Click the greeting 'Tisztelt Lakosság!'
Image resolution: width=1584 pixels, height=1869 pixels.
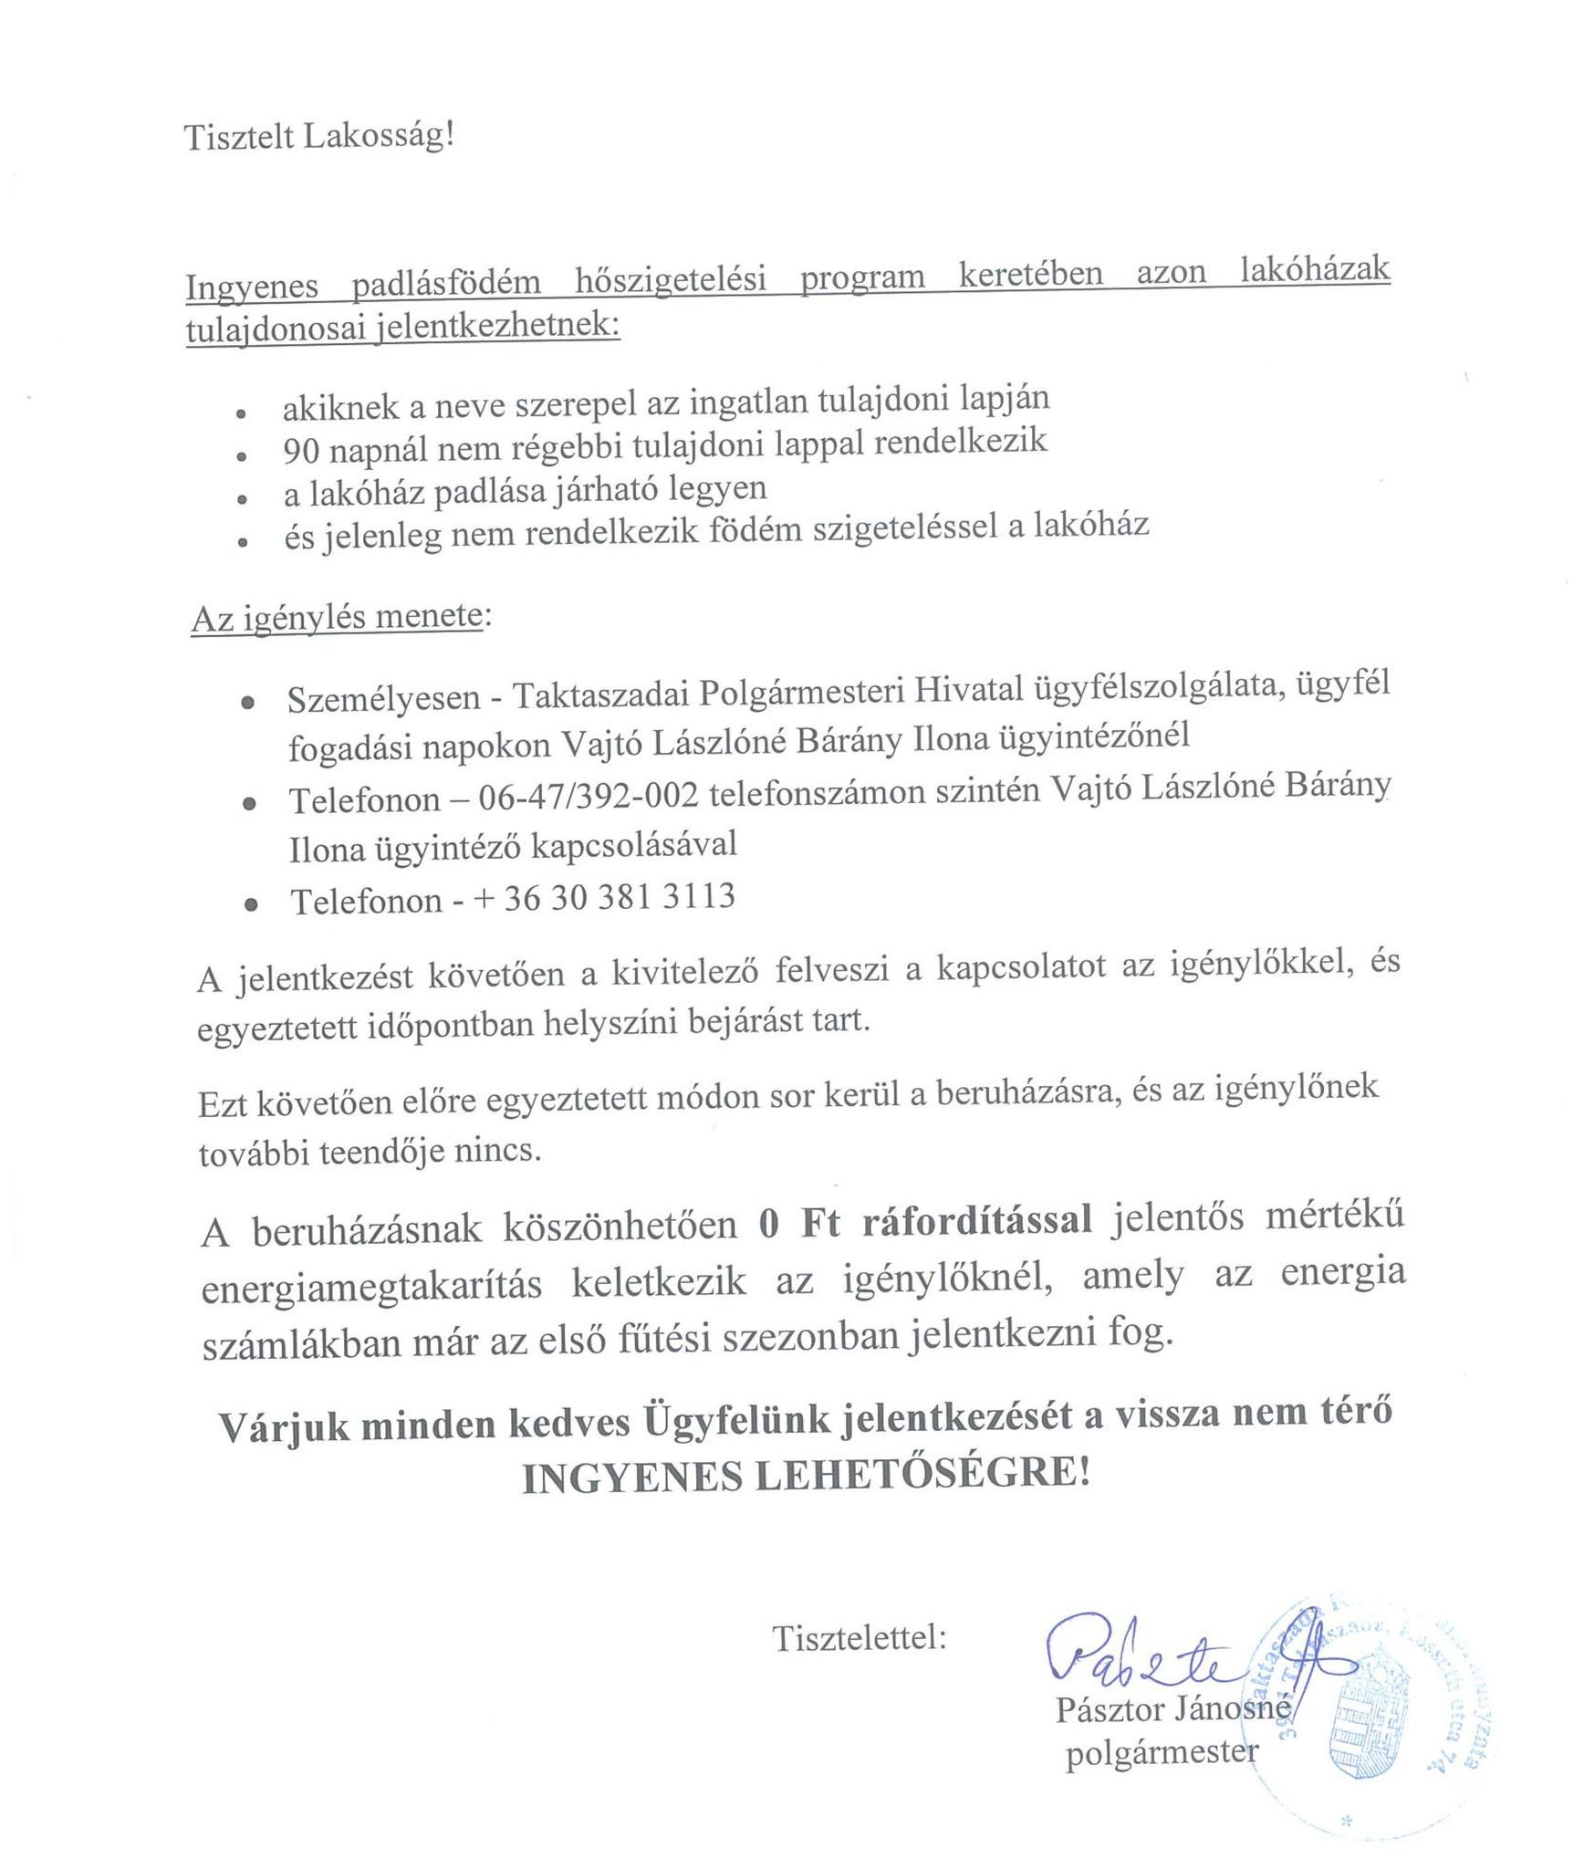pyautogui.click(x=318, y=137)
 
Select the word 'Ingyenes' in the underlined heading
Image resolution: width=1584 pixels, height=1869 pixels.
pyautogui.click(x=252, y=287)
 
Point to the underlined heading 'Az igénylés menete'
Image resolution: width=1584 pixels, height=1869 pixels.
pyautogui.click(x=336, y=619)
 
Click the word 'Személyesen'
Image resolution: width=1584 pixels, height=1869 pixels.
pyautogui.click(x=383, y=699)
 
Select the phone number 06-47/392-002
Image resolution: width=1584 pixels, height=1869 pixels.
pyautogui.click(x=589, y=797)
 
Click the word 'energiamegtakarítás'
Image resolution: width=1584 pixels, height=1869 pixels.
pyautogui.click(x=371, y=1285)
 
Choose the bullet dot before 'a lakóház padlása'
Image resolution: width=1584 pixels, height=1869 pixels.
pyautogui.click(x=242, y=500)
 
